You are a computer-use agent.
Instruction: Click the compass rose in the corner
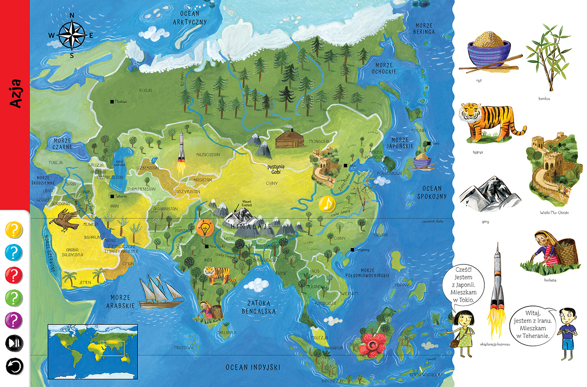(72, 35)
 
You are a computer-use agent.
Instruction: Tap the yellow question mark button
(14, 230)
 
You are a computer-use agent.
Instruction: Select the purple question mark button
(14, 321)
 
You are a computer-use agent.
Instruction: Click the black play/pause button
(14, 343)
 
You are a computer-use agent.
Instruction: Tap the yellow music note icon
(327, 204)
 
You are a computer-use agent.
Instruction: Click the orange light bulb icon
(205, 228)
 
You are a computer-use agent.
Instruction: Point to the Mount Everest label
(247, 204)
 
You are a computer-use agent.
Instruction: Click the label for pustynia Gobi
(276, 169)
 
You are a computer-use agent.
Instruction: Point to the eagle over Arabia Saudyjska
(65, 221)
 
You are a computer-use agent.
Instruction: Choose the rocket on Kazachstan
(181, 153)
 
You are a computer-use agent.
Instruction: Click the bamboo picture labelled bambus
(544, 59)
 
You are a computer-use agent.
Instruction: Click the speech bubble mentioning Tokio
(463, 285)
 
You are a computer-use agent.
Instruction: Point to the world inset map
(93, 352)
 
